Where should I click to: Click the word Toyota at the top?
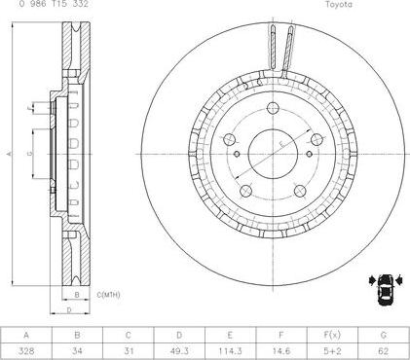[338, 5]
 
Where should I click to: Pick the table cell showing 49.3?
[179, 349]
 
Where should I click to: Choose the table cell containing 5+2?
[333, 349]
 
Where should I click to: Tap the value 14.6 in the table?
[281, 349]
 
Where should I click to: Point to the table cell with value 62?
[384, 349]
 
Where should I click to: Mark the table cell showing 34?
[77, 349]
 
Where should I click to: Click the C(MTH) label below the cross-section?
[107, 293]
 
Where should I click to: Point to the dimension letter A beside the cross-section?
[7, 154]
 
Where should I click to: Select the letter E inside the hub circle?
[280, 144]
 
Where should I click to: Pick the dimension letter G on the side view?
[32, 154]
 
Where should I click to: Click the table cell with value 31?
[129, 349]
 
